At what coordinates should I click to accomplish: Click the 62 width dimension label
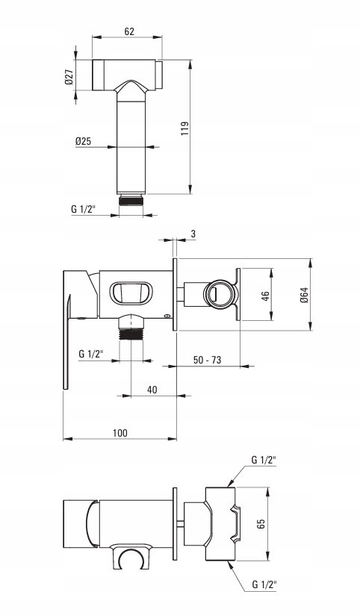(x=129, y=31)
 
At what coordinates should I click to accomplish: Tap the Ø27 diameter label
(x=69, y=76)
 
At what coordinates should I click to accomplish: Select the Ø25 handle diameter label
(x=83, y=141)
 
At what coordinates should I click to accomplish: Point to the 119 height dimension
(x=185, y=128)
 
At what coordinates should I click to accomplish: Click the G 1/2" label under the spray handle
(x=84, y=209)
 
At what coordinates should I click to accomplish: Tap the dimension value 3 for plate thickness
(x=193, y=234)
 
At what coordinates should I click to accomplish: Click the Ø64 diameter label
(x=304, y=295)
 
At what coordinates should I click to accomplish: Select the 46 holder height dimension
(x=265, y=295)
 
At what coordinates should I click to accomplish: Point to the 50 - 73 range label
(x=208, y=360)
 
